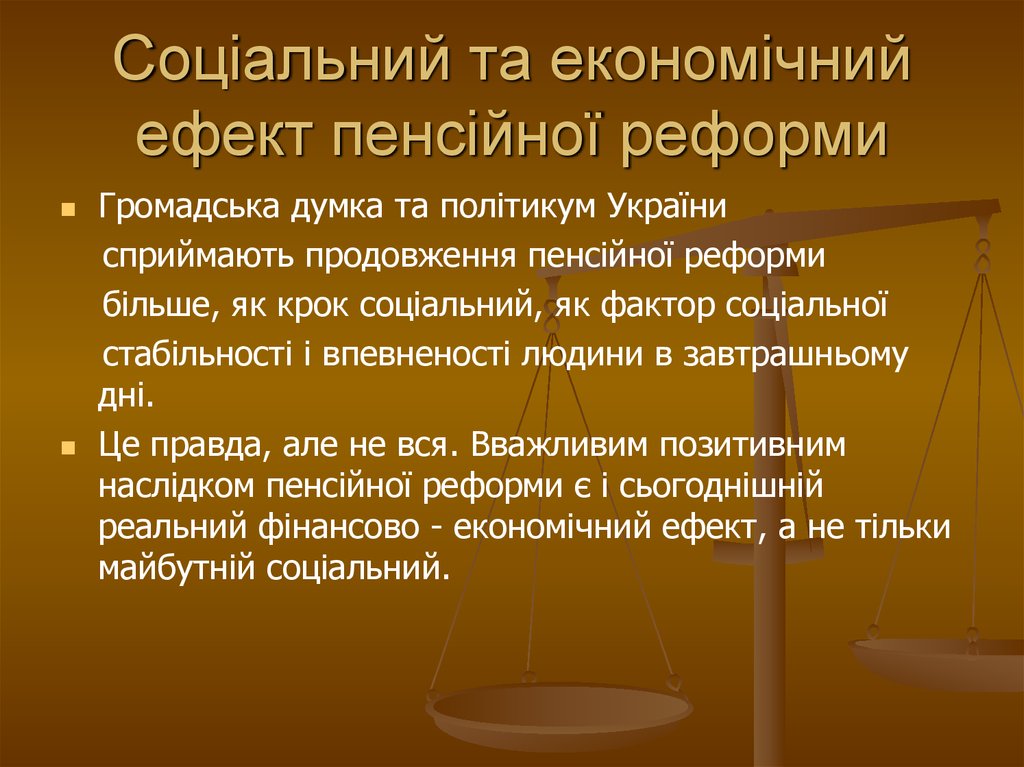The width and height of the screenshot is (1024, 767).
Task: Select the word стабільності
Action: [x=197, y=353]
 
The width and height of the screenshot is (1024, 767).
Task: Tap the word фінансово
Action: [x=341, y=529]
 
